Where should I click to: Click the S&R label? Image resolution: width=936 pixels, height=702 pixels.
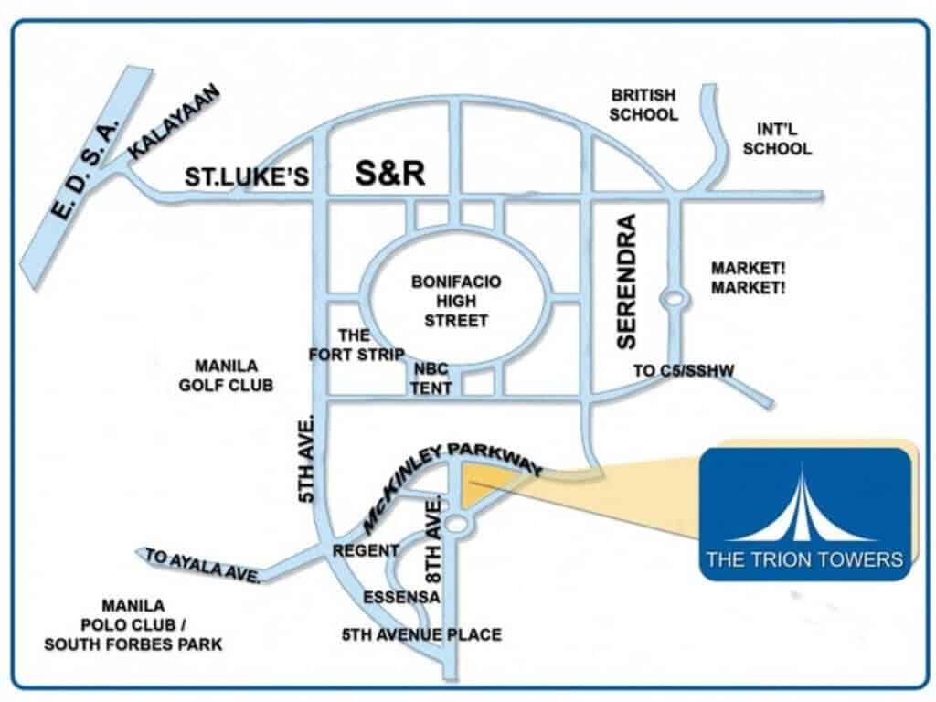[390, 174]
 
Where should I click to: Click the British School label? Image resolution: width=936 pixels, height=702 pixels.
[644, 105]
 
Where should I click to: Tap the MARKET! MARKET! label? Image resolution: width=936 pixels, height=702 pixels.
[749, 278]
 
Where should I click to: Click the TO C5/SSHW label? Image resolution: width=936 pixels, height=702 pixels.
[685, 370]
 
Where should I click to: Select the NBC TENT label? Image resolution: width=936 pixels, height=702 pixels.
[431, 379]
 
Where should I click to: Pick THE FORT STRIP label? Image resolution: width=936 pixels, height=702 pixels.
[356, 346]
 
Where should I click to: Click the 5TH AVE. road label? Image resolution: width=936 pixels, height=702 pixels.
[307, 458]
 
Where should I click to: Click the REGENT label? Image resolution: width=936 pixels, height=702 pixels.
[366, 551]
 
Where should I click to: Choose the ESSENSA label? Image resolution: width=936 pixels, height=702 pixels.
[401, 598]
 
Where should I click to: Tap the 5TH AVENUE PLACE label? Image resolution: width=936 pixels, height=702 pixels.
[421, 634]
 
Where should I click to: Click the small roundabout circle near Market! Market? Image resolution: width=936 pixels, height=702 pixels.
[674, 298]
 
